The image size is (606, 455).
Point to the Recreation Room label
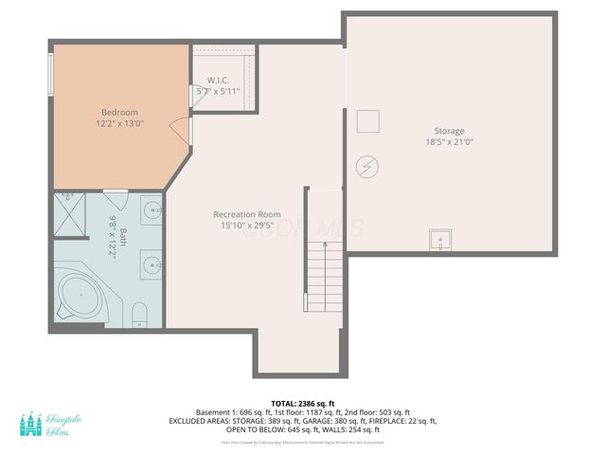248,214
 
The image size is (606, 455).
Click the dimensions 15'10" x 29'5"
248,226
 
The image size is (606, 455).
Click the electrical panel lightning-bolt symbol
365,167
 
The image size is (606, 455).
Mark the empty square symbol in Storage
367,121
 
